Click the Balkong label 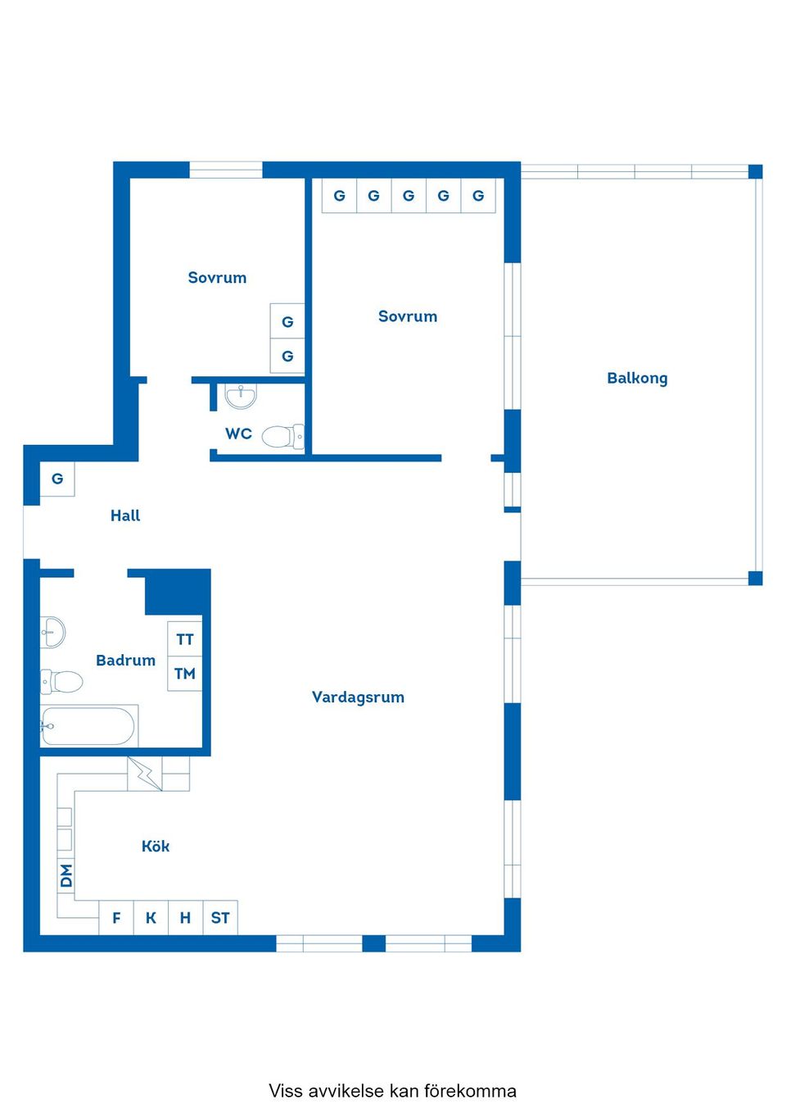(637, 378)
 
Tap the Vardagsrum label (358, 697)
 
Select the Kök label (156, 846)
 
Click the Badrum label (125, 660)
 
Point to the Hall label (125, 516)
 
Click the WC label (238, 434)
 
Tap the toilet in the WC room (282, 436)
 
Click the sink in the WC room (241, 397)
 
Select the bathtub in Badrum (88, 726)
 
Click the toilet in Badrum (63, 681)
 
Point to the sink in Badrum (52, 632)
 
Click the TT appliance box (185, 639)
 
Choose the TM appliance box (185, 674)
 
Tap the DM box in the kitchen (66, 875)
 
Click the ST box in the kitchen (220, 918)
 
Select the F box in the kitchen (116, 918)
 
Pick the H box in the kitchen (185, 918)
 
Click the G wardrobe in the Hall (57, 479)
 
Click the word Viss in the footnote (286, 1091)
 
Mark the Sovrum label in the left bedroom (217, 278)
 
